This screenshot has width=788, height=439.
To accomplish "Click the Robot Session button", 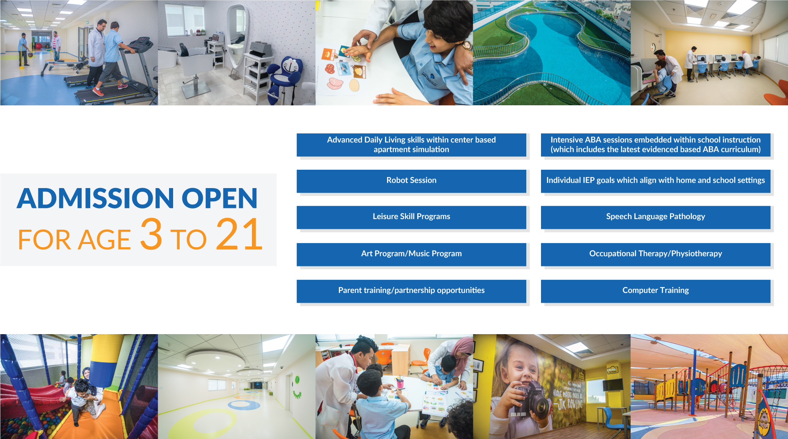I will pos(411,181).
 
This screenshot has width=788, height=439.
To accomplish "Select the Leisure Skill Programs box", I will pos(411,217).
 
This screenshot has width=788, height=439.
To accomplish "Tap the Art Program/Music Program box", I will pos(411,254).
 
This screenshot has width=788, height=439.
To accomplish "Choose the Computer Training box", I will pos(655,290).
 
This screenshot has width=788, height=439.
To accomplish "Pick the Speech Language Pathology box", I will pos(655,217).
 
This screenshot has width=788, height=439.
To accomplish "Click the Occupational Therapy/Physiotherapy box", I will pos(655,254).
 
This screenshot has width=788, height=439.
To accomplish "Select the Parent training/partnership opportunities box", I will pos(411,290).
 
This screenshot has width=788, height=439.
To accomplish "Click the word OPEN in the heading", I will pos(219,199).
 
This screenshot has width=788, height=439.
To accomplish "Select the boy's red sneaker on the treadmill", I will pos(98,91).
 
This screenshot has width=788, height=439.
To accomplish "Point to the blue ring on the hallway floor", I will pos(244,405).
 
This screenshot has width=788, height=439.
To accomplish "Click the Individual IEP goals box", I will pos(655,181).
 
